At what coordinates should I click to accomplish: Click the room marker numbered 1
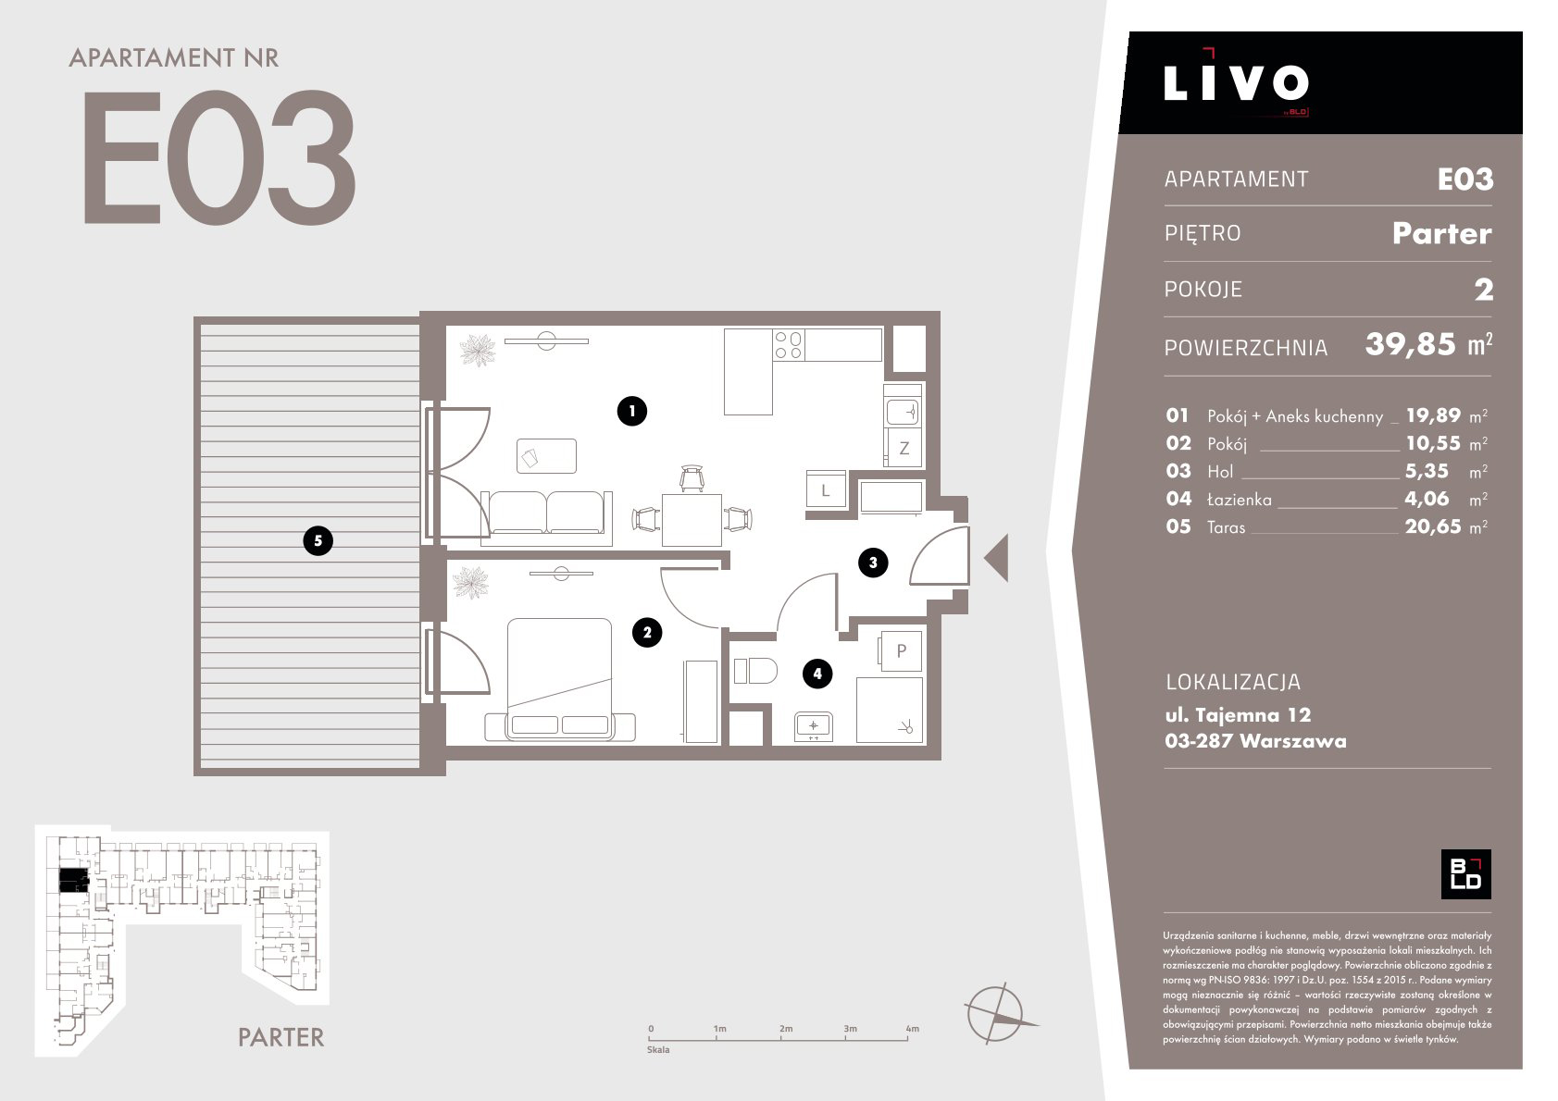point(631,411)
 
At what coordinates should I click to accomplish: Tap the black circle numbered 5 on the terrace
point(318,540)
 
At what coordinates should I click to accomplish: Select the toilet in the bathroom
point(754,671)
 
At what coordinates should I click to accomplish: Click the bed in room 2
point(559,679)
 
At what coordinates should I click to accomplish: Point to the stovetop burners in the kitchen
point(788,345)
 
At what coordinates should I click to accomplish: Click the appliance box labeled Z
point(904,448)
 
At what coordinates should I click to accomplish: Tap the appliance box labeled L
point(826,489)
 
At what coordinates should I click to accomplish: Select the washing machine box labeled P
point(901,650)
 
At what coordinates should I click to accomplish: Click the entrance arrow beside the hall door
point(996,558)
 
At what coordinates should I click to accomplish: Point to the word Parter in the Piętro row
point(1442,233)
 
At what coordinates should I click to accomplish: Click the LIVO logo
point(1236,82)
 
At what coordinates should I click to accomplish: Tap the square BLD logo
point(1465,873)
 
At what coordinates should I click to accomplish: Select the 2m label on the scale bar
point(785,1028)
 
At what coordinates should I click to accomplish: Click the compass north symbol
point(998,1013)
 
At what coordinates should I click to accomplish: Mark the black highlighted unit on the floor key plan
point(74,880)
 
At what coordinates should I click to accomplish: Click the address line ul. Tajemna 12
point(1238,714)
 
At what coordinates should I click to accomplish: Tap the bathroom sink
point(813,726)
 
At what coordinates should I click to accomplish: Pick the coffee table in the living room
point(546,456)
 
